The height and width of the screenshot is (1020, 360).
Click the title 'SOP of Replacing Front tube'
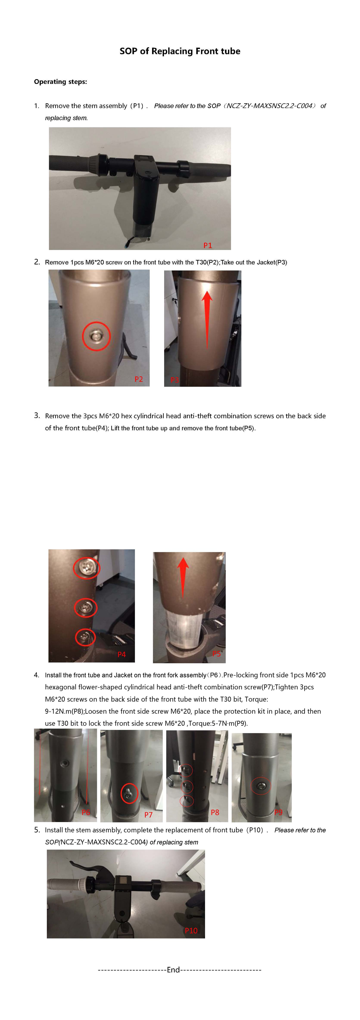(180, 51)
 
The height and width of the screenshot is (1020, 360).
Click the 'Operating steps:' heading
(60, 81)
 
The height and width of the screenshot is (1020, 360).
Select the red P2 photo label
(139, 379)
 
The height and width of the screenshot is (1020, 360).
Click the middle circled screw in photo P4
(86, 607)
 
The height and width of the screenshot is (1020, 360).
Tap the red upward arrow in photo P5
(182, 576)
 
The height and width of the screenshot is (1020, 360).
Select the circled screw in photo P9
(261, 786)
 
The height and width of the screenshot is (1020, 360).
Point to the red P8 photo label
(215, 812)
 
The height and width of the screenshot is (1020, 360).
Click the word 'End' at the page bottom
(173, 970)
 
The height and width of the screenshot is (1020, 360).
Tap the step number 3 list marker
(37, 415)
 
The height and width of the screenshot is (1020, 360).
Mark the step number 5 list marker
(37, 829)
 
